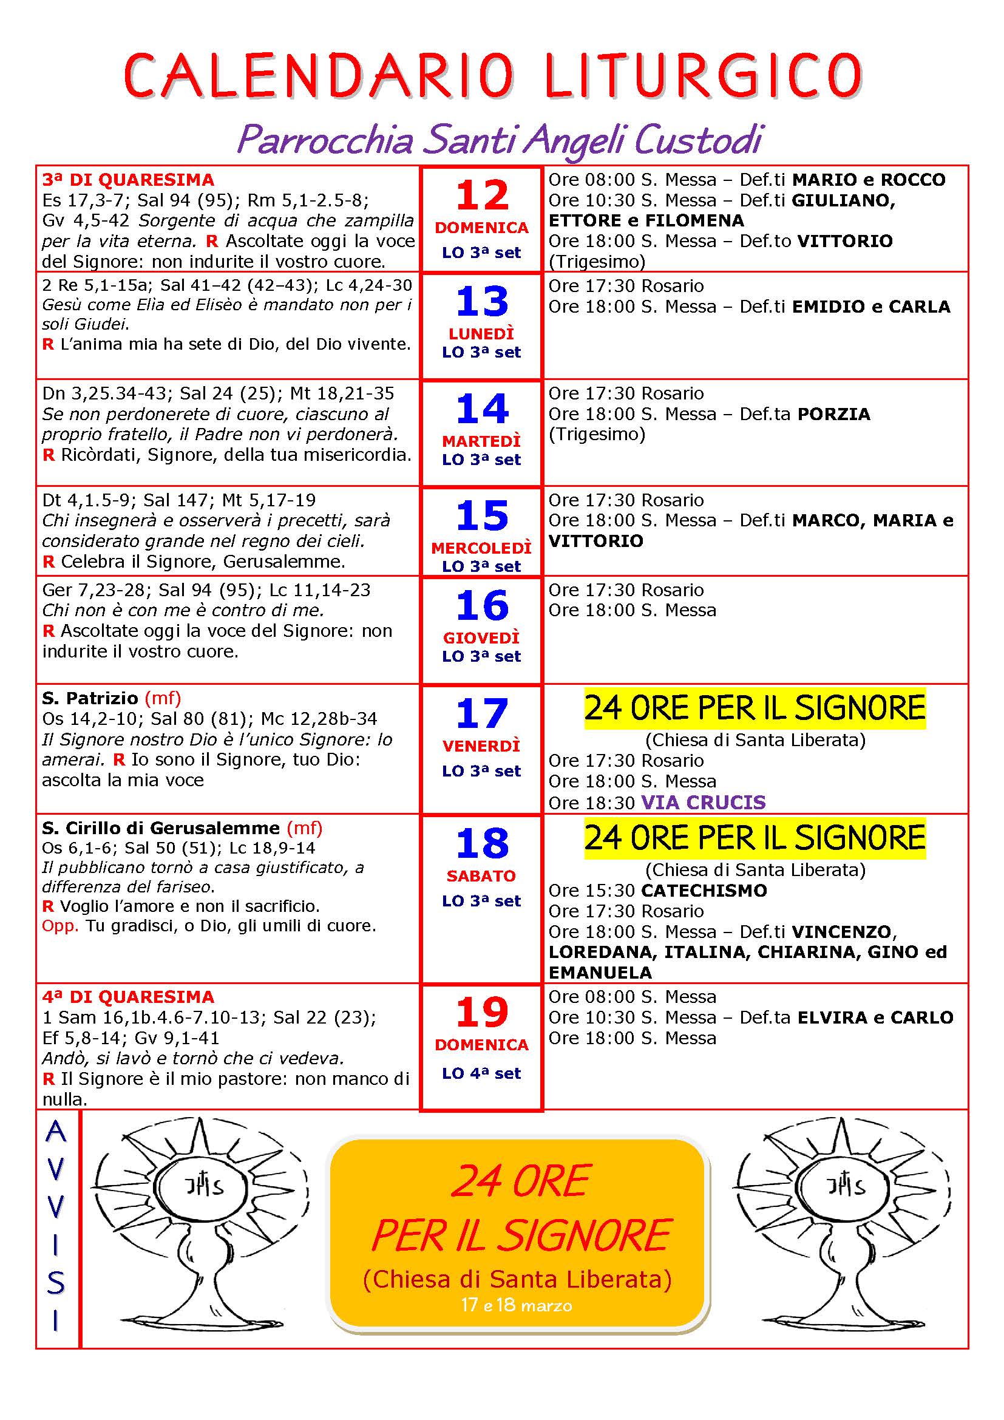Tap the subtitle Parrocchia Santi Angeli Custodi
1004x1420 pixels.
(500, 140)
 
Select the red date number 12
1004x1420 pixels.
(481, 195)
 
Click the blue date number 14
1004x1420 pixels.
(481, 409)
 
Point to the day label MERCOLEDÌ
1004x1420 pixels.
(481, 548)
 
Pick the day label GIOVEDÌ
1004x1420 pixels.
(481, 637)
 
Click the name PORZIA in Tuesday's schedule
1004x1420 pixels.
(833, 414)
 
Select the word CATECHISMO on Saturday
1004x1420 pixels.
(704, 891)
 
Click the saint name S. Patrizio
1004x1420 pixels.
(90, 698)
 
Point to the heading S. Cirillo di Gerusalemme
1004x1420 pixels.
(161, 827)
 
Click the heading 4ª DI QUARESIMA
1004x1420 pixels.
(128, 997)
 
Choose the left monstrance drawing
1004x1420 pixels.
(199, 1228)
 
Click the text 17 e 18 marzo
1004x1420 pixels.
(516, 1305)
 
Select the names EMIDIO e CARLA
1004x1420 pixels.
(870, 307)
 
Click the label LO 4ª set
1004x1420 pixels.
(481, 1074)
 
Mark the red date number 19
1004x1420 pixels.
(481, 1013)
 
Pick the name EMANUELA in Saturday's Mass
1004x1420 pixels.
(600, 972)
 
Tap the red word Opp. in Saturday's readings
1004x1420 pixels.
(60, 926)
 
